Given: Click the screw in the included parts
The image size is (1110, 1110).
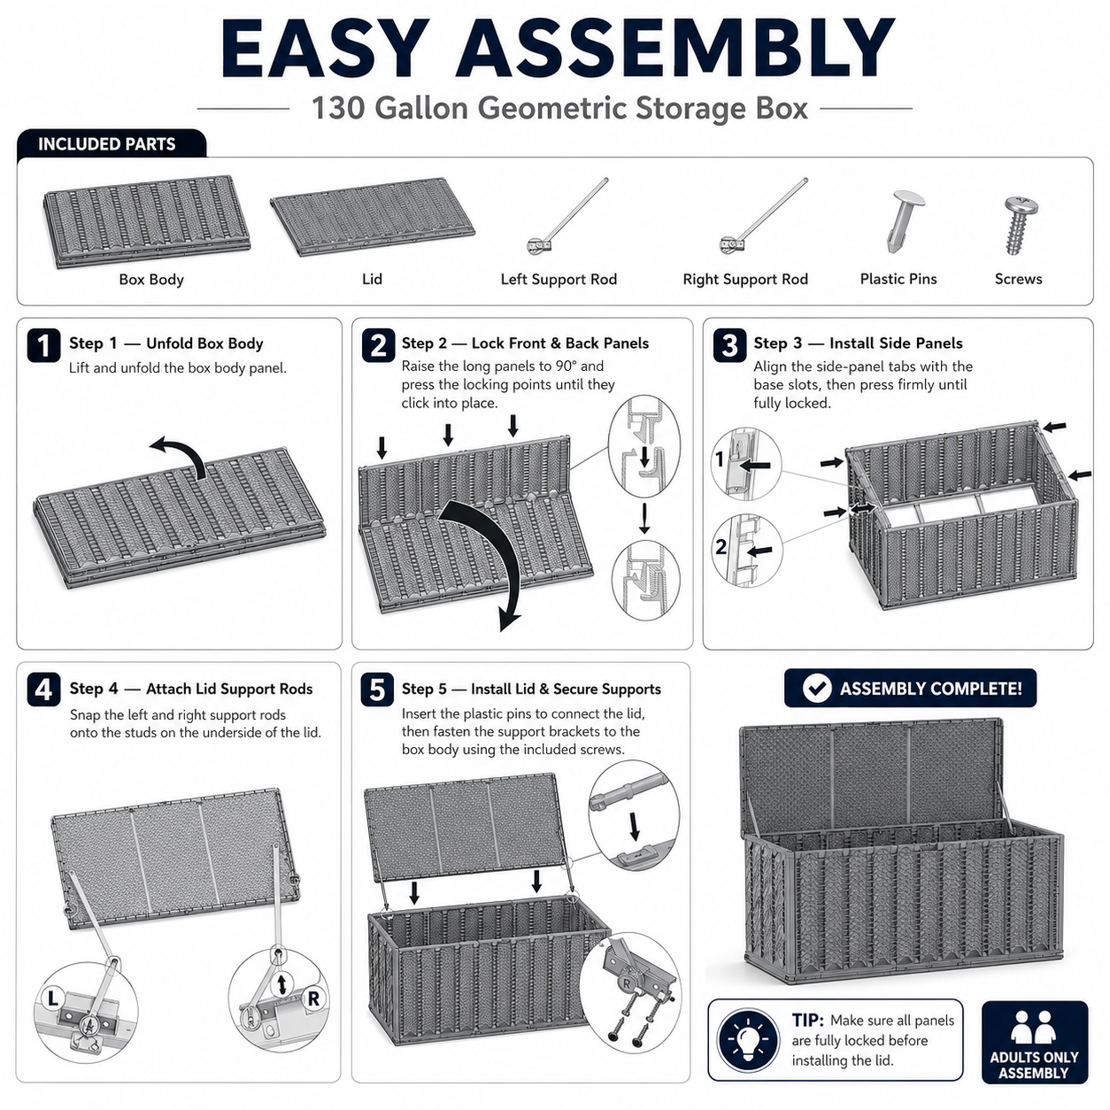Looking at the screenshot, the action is point(1020,226).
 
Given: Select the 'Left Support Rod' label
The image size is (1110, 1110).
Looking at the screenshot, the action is point(559,280).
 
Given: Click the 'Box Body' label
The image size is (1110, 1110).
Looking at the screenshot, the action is point(150,280).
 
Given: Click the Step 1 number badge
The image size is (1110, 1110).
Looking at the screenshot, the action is point(43,345).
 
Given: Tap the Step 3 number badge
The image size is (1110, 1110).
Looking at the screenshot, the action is point(729,345).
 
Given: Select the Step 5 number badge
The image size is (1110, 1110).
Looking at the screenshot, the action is point(377,689).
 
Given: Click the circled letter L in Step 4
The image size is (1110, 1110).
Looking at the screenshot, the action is point(52,998).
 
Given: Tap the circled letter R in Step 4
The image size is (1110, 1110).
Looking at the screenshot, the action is point(312,998).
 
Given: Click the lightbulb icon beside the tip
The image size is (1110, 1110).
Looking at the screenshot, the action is point(748,1041).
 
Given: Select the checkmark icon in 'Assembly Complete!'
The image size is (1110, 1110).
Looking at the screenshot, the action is point(817,688).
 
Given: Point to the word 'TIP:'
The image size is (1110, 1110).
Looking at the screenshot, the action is point(808,1020).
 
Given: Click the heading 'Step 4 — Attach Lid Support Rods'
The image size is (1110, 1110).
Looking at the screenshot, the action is point(190,689).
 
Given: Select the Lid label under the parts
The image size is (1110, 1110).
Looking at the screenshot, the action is point(372,279).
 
